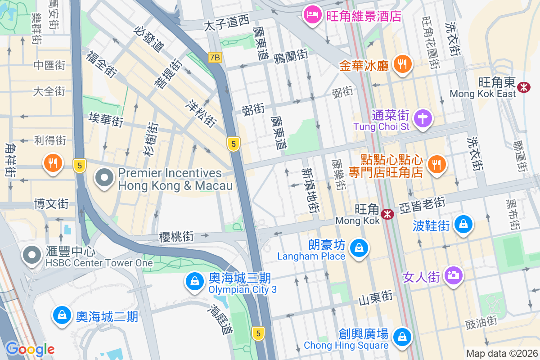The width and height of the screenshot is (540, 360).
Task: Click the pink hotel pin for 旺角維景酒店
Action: [311, 15]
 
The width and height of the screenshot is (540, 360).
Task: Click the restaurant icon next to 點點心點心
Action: [436, 164]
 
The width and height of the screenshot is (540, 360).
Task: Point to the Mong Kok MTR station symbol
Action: [387, 214]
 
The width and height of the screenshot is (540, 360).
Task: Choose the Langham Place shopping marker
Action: [360, 248]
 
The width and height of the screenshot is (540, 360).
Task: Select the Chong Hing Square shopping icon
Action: [402, 337]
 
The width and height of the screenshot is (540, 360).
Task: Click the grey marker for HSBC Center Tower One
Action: [32, 255]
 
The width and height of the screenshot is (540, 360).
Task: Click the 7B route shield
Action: [215, 58]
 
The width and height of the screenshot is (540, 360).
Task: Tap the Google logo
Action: [30, 349]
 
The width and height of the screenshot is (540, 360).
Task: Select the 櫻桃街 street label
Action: [176, 237]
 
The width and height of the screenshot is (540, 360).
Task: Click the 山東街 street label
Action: [375, 297]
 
